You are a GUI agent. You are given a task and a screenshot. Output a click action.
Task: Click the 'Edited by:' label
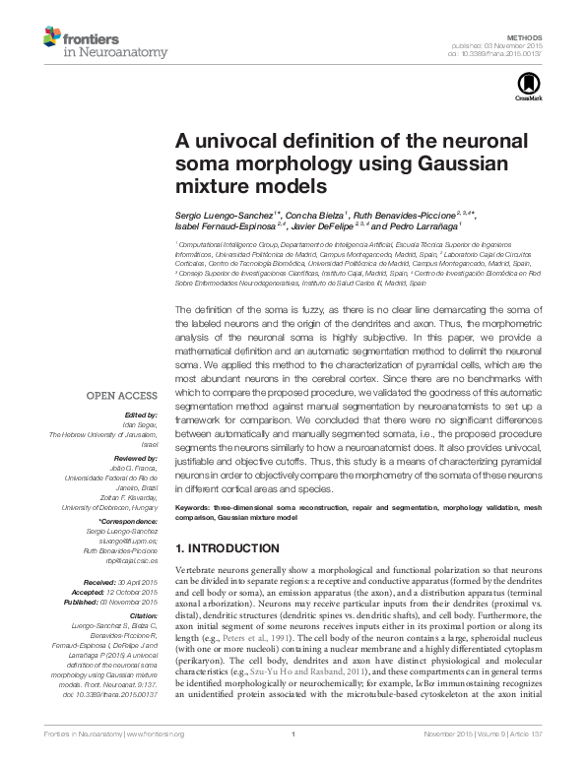coord(143,415)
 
